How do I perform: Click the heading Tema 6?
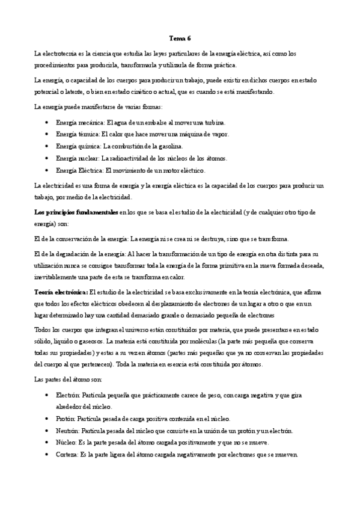[180, 38]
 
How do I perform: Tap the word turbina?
[199, 122]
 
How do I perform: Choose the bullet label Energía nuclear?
[74, 158]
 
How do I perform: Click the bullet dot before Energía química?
[47, 146]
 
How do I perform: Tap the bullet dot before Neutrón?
[47, 431]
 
